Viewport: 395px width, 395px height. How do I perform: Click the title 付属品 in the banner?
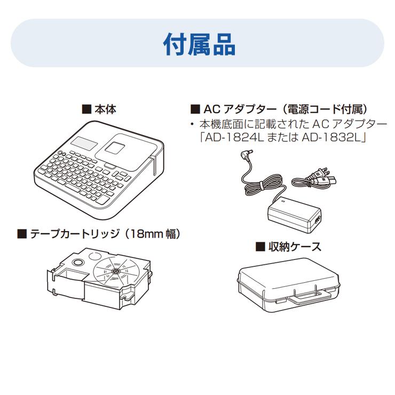click(x=199, y=44)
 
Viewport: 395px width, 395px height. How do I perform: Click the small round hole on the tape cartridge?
click(x=78, y=263)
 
